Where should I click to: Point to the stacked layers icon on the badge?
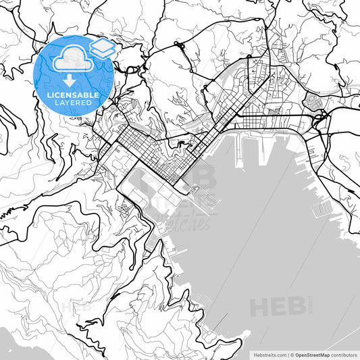[101, 47]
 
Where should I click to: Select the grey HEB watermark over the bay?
[277, 306]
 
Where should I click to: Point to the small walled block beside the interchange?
[312, 102]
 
